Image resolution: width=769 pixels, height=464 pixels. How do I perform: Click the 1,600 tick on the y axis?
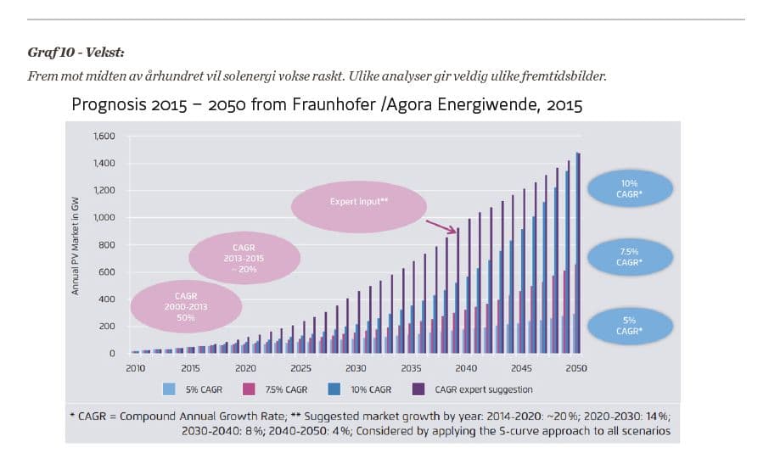tap(104, 137)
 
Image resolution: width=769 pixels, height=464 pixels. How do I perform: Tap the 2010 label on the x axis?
tap(136, 368)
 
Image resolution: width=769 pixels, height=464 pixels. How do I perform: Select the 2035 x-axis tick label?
tap(412, 368)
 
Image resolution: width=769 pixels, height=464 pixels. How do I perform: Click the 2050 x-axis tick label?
tap(577, 368)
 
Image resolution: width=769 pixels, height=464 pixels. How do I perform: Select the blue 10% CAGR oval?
tap(629, 188)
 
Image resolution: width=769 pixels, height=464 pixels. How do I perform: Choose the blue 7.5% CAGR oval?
tap(629, 257)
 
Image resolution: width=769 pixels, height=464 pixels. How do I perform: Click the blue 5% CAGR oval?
tap(629, 326)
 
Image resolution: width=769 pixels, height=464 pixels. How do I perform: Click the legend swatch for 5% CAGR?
tap(170, 389)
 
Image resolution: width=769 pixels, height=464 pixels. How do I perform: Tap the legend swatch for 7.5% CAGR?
tap(251, 389)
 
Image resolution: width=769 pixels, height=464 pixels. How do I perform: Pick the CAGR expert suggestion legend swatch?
tap(418, 389)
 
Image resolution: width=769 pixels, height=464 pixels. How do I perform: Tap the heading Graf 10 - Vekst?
tap(76, 53)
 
